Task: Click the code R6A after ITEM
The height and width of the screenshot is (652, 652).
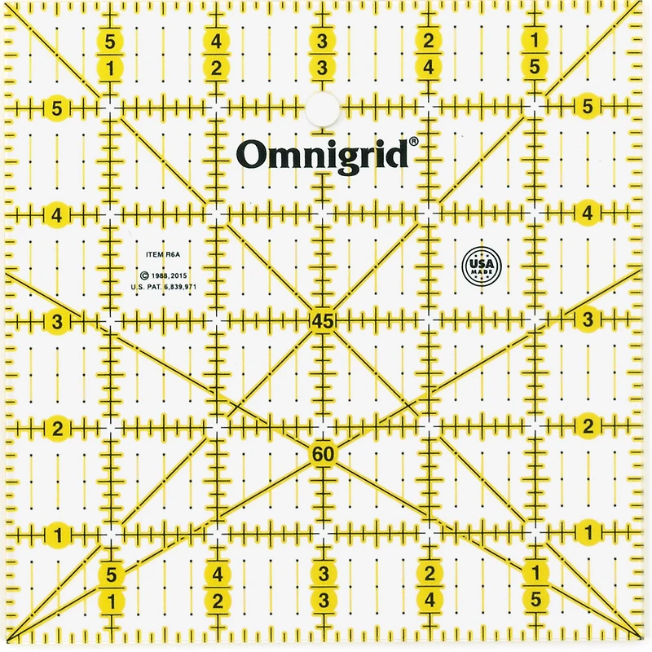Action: point(170,255)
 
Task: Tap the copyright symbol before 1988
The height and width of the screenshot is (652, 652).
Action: point(143,276)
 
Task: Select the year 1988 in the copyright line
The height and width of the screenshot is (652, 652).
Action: point(160,276)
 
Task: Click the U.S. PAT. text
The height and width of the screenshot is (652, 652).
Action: point(146,288)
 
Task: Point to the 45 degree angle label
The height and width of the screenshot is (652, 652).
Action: point(323,322)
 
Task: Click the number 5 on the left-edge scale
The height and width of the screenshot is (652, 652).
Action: point(56,107)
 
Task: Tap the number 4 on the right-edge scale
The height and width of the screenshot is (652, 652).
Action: point(588,214)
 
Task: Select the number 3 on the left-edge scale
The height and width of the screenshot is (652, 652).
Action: point(56,322)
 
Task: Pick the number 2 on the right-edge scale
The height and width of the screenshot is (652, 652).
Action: point(588,425)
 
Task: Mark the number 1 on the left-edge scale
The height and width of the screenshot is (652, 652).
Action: point(59,535)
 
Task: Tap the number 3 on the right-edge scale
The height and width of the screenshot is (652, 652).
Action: point(588,320)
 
